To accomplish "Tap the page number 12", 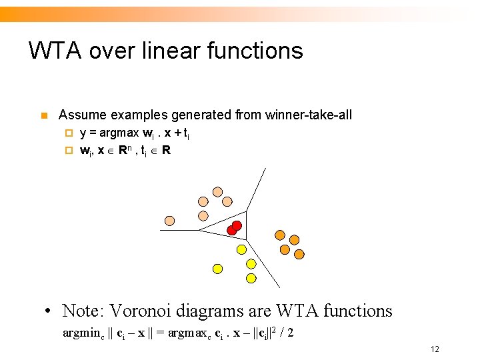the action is (x=435, y=349).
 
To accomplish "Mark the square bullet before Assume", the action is (x=44, y=116).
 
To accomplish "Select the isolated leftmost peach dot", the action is (x=170, y=220).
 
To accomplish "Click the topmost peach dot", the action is (x=217, y=191).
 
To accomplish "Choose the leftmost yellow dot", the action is (x=217, y=269).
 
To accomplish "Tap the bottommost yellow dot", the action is (x=251, y=278).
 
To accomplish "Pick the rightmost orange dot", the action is (x=299, y=254).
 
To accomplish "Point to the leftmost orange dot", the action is (x=280, y=235).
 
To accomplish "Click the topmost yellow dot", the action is (x=242, y=249).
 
